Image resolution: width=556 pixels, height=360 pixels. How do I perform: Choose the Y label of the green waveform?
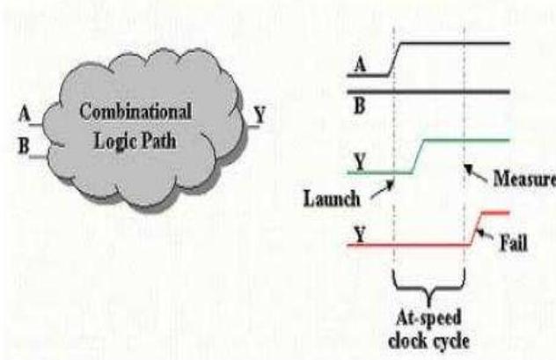(x=359, y=161)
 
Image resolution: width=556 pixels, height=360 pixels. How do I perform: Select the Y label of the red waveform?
(x=359, y=233)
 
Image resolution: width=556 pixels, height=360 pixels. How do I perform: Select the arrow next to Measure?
(x=475, y=168)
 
